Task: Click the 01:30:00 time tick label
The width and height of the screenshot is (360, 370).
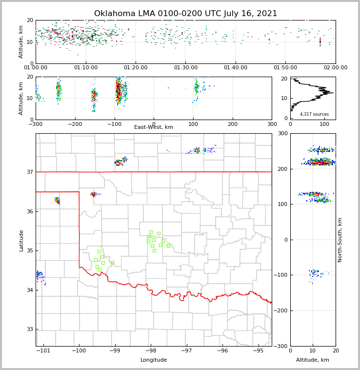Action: pos(186,68)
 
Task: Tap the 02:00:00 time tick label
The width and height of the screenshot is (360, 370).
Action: pos(336,68)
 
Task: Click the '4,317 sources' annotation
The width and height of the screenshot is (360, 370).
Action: pos(314,114)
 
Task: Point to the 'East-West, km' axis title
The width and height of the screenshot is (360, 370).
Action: pos(154,127)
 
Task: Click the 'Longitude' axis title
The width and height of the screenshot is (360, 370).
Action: pos(154,360)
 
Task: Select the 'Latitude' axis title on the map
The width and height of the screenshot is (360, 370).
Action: pos(21,240)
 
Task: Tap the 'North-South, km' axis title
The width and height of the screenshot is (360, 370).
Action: pos(340,240)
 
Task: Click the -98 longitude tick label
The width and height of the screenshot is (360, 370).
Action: pos(151,351)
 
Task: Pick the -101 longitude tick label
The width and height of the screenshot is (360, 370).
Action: pos(43,351)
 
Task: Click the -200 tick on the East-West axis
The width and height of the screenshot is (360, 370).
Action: pos(75,124)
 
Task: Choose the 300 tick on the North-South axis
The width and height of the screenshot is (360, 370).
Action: pos(282,134)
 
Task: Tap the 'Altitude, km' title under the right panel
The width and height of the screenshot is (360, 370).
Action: pos(313,360)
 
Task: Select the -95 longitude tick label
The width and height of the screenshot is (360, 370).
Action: pos(258,351)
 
